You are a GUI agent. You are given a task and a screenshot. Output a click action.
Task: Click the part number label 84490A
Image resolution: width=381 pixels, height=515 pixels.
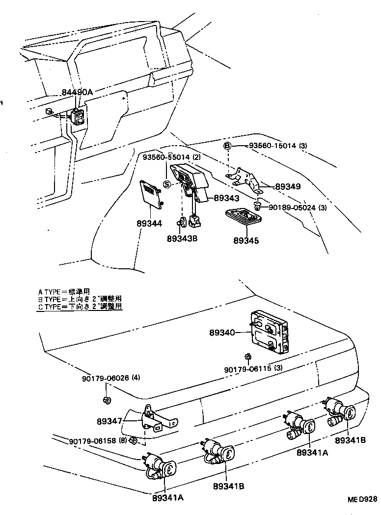pyautogui.click(x=77, y=92)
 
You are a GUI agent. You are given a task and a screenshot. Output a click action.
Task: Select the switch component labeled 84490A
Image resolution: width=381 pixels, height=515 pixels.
pyautogui.click(x=78, y=116)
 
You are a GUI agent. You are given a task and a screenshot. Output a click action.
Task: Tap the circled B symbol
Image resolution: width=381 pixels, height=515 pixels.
pyautogui.click(x=228, y=146)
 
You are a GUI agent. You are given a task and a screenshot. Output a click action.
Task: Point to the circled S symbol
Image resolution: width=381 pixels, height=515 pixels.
pyautogui.click(x=166, y=184)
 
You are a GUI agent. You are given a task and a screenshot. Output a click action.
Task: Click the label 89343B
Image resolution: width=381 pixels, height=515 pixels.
pyautogui.click(x=183, y=238)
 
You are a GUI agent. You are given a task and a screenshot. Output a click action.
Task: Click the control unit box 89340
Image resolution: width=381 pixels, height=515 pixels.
pyautogui.click(x=270, y=332)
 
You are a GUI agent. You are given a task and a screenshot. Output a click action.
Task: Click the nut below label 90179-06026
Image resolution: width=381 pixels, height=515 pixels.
pyautogui.click(x=107, y=400)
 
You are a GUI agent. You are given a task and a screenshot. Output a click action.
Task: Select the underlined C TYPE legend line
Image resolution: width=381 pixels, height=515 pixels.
pyautogui.click(x=80, y=307)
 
